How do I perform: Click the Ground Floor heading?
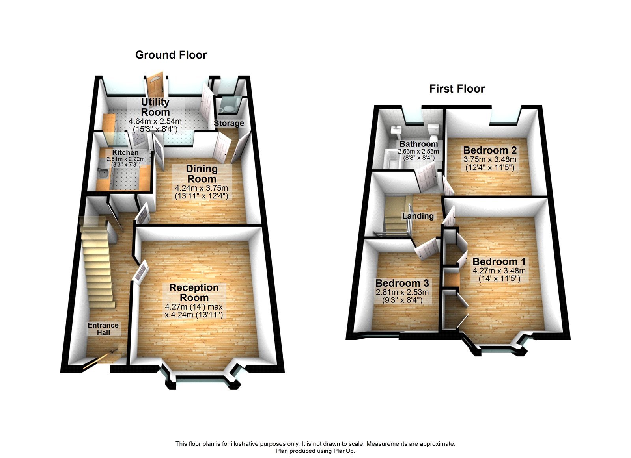[x=171, y=55]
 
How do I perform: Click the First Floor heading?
[x=457, y=89]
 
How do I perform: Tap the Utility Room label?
[x=155, y=107]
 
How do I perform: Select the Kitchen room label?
[x=125, y=152]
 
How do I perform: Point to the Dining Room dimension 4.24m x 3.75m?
[x=202, y=188]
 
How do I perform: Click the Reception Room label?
[x=194, y=293]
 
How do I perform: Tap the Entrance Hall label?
[x=103, y=329]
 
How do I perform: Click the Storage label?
[x=229, y=123]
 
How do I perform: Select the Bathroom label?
[x=418, y=144]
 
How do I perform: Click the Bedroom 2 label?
[x=489, y=150]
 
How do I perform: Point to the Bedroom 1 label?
[x=499, y=261]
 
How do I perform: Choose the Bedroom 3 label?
[x=402, y=283]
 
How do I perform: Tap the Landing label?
[x=418, y=216]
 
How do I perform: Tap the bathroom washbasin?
[x=395, y=130]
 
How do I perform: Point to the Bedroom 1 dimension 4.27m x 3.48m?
[x=499, y=271]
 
